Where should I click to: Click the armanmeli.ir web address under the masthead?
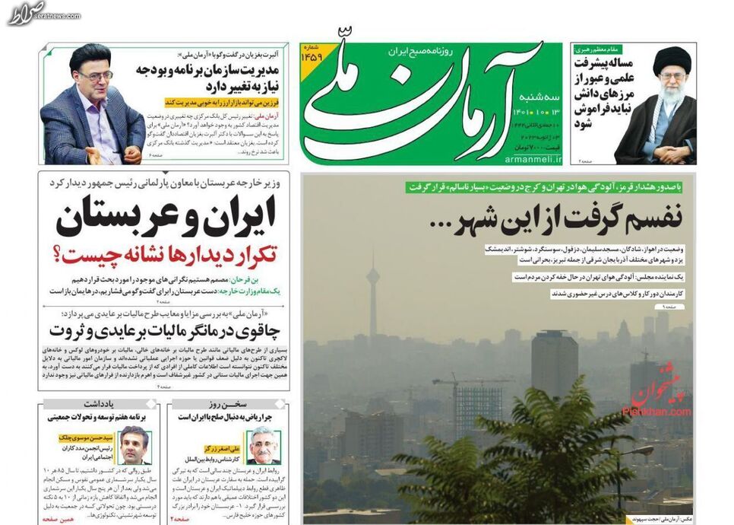[531, 159]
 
